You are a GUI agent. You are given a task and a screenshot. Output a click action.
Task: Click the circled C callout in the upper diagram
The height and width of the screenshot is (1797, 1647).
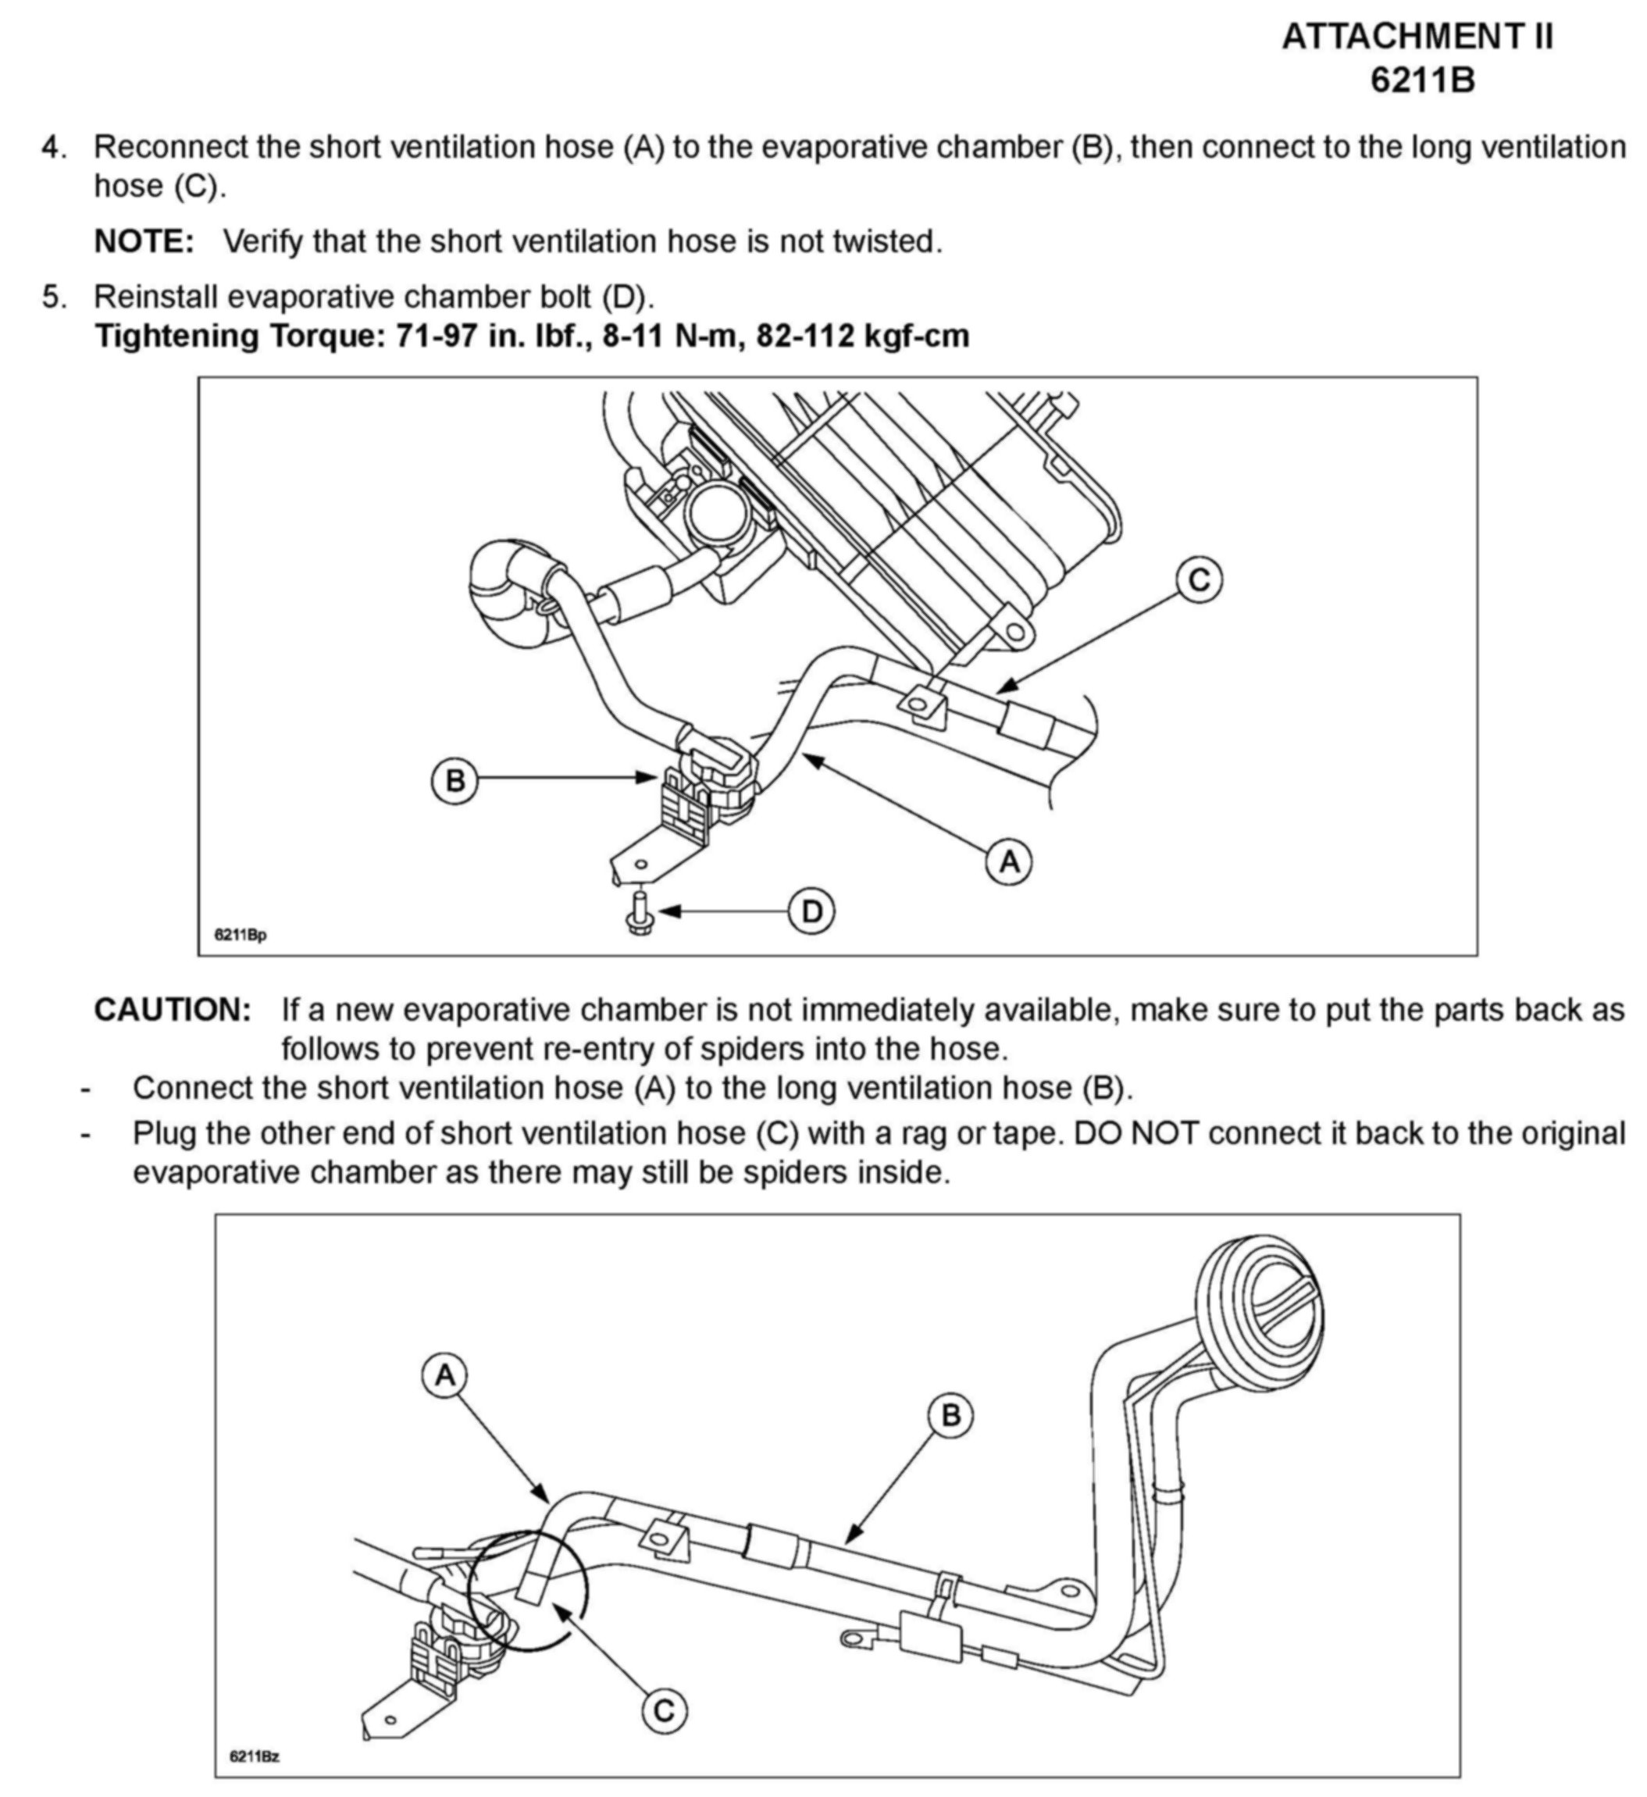click(1199, 580)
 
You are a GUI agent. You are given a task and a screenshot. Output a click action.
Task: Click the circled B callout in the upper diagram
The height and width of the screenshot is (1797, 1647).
click(455, 781)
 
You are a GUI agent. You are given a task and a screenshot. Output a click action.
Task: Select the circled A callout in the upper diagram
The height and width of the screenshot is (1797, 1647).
click(1009, 862)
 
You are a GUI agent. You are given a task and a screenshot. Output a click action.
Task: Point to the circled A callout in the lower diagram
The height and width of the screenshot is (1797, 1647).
click(444, 1376)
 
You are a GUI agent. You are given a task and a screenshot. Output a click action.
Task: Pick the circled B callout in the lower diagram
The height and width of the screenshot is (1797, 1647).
click(951, 1414)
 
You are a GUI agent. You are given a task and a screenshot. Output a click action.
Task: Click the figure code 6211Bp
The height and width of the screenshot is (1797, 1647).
click(240, 935)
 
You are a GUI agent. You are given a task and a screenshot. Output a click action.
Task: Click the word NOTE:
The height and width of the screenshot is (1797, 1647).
click(144, 241)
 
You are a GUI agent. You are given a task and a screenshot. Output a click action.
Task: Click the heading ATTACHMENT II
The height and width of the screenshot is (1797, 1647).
click(1418, 37)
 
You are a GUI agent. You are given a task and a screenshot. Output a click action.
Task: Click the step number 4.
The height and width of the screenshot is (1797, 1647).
click(53, 147)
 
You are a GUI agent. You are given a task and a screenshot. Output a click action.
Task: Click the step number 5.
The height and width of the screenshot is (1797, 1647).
click(53, 296)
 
